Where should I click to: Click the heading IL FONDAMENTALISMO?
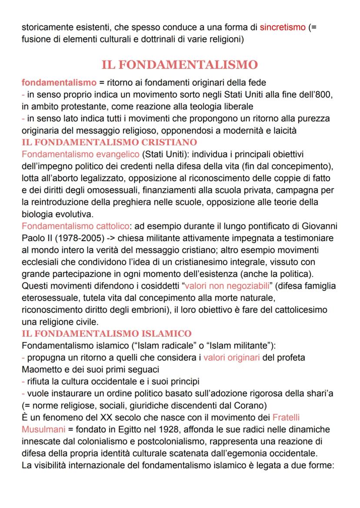click(180, 65)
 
